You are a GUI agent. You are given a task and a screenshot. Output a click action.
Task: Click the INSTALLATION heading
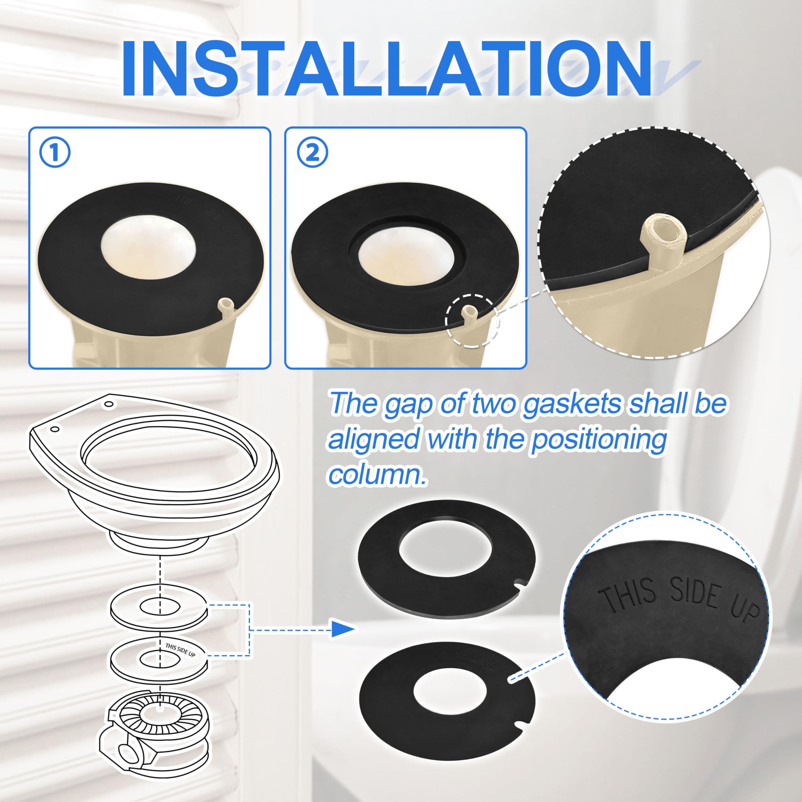tap(386, 69)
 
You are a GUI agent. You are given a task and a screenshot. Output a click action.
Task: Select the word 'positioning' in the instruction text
tap(599, 439)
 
